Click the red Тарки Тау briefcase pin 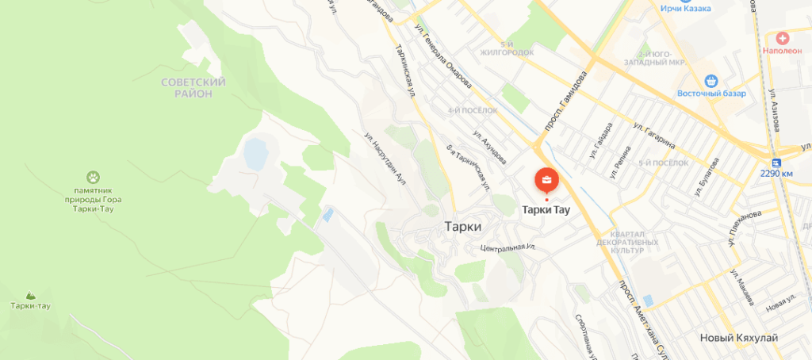coord(546,180)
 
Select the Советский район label coord(193,87)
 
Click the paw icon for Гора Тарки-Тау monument coord(95,176)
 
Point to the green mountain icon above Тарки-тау coord(31,294)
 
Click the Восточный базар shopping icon coord(711,80)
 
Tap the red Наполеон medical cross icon coord(783,37)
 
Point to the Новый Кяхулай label coord(738,339)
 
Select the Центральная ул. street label coord(508,247)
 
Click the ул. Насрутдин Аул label coord(385,157)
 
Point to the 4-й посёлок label coord(472,110)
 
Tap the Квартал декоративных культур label coord(627,242)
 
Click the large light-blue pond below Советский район coord(255,152)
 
